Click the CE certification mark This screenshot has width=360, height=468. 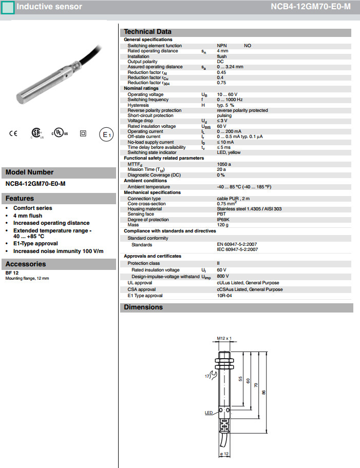tap(13, 134)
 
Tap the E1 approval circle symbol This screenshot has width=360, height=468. tap(105, 134)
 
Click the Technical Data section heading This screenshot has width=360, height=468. tap(147, 32)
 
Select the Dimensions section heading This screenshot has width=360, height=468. tap(143, 307)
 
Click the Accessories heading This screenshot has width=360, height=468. tap(26, 264)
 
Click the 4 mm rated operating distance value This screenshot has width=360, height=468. tap(222, 51)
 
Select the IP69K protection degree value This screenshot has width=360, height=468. tap(223, 220)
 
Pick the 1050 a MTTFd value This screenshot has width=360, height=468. tap(224, 164)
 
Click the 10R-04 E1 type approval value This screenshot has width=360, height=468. tap(225, 296)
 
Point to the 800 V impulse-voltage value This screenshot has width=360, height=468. tap(223, 276)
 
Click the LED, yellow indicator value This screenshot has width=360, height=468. tap(229, 152)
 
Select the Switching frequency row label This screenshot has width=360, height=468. tap(148, 100)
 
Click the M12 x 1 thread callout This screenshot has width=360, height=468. tap(224, 338)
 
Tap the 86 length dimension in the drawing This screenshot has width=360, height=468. tap(263, 392)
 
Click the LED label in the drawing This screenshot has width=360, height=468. tap(209, 413)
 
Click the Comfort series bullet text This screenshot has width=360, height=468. tap(32, 208)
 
